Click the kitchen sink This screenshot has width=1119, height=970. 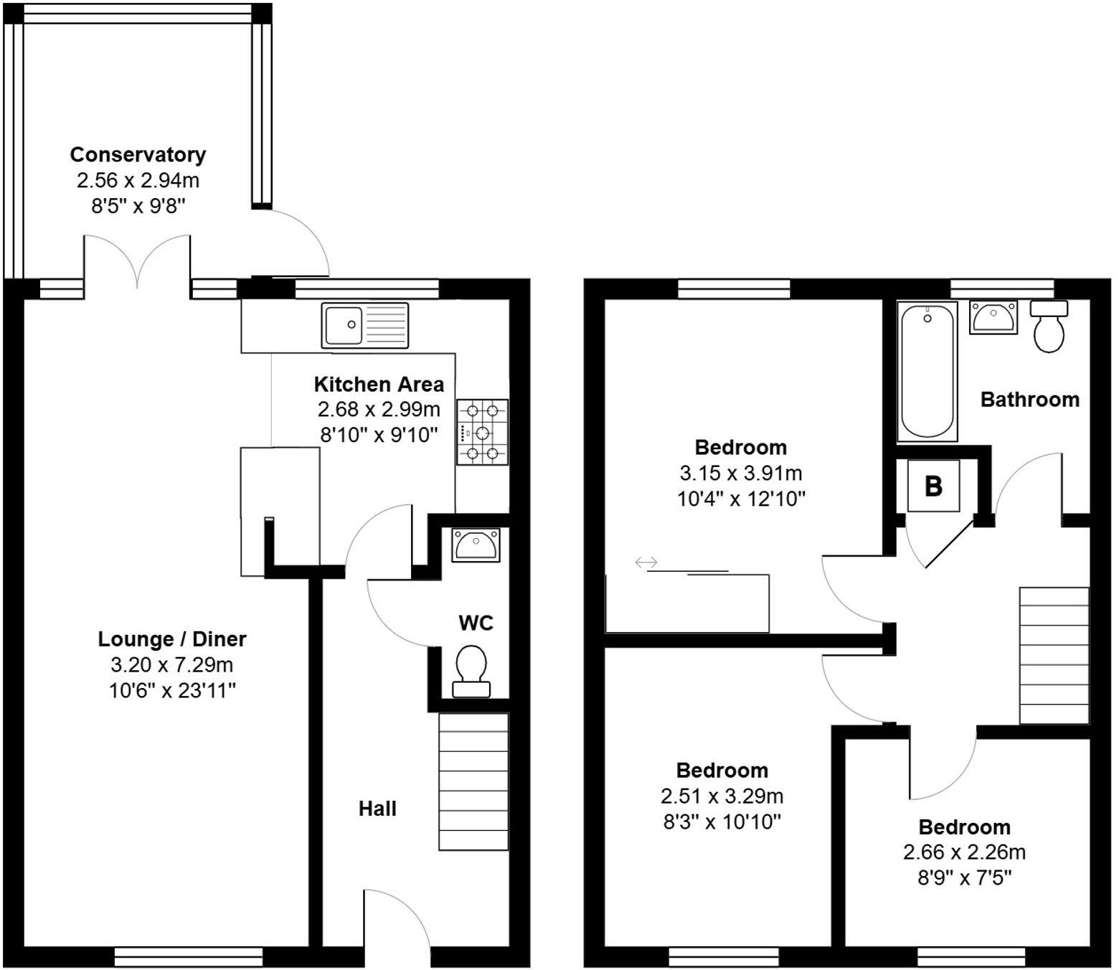coord(365,325)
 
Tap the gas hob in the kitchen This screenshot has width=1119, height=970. coord(482,432)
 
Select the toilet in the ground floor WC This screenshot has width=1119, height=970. coord(471,670)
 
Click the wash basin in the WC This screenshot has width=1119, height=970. coord(475,545)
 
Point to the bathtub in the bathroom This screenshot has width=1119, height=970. coord(927,371)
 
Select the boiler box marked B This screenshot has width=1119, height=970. coord(933,486)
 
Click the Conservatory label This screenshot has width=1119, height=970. coord(138,154)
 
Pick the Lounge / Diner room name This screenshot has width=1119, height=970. coord(172,639)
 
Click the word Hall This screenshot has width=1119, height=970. coord(377,809)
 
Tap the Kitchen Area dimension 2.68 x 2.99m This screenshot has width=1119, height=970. coord(379,410)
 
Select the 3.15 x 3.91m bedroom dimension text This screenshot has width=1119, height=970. coord(741,473)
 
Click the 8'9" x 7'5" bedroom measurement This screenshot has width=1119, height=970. coord(964,877)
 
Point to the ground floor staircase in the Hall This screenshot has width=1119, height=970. coord(473,782)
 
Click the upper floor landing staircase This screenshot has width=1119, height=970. coord(1054,655)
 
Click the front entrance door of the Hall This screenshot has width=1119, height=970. coord(396,922)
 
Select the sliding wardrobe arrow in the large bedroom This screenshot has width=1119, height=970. coord(646,562)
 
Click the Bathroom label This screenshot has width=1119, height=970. coord(1029,399)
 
